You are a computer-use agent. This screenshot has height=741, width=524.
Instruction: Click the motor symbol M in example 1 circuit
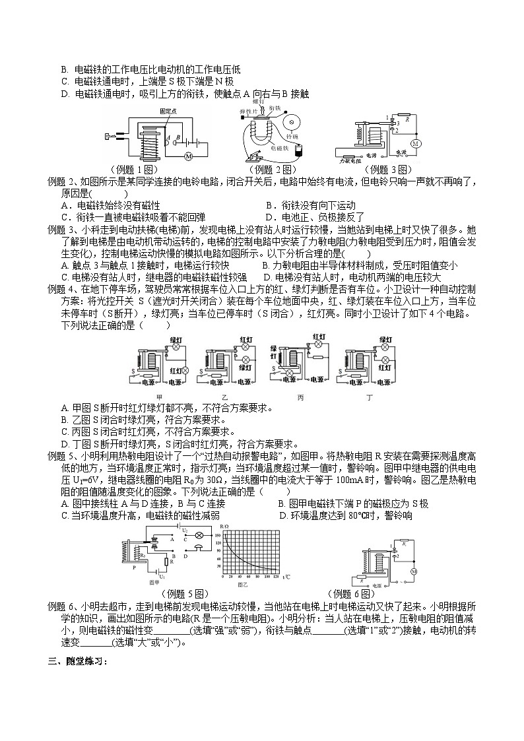click(x=188, y=156)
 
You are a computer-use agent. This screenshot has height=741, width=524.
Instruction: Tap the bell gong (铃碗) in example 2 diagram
click(x=288, y=123)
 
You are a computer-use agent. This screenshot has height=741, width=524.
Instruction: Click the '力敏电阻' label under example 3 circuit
click(x=350, y=160)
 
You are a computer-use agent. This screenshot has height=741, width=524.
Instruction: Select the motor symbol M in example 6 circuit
click(x=414, y=571)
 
